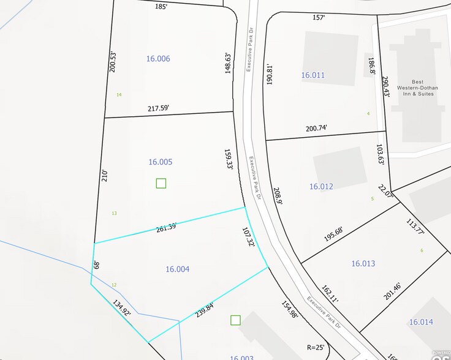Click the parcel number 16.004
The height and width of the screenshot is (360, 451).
177,269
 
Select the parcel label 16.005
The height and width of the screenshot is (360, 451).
161,162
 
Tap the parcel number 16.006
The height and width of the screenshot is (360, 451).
158,59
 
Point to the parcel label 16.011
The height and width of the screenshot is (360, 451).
313,75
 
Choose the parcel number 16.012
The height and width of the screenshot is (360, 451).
321,186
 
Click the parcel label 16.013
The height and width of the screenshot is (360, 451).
363,264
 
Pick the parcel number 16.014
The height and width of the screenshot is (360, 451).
421,322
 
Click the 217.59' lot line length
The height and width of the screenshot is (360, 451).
158,108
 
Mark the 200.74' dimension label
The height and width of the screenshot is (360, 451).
317,128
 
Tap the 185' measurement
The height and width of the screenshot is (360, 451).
161,7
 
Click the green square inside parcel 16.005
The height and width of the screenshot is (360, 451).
161,183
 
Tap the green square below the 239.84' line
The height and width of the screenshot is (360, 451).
235,320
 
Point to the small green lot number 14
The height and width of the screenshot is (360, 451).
119,94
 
